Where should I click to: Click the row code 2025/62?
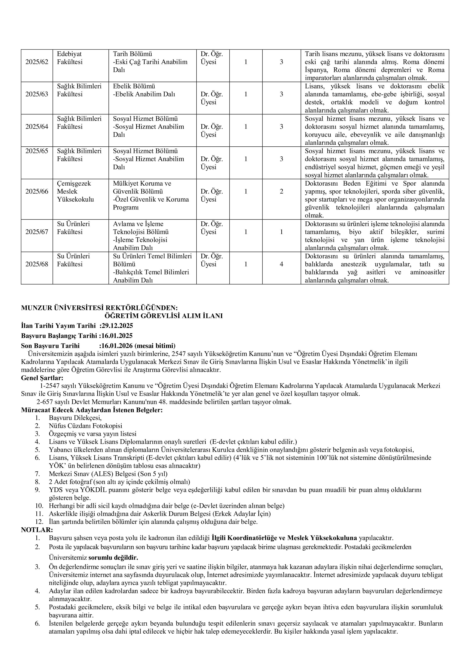(37, 62)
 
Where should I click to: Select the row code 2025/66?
(37, 191)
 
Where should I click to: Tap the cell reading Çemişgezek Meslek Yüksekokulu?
(75, 191)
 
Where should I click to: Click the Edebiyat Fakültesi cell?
(69, 58)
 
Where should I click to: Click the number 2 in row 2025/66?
(281, 191)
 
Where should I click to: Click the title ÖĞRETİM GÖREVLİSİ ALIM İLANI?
(164, 316)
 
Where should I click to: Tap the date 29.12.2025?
(117, 325)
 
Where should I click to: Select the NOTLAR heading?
(37, 530)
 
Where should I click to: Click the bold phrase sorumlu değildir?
(113, 558)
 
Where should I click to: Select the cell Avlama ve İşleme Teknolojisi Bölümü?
(141, 228)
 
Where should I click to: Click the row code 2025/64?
(37, 126)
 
